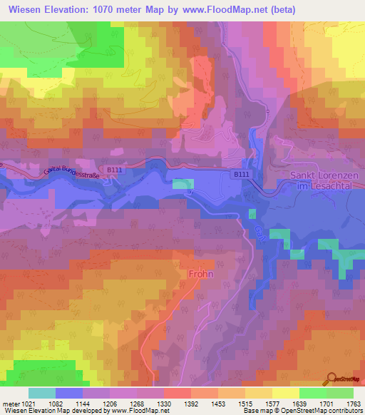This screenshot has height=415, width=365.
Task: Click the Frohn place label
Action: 202,272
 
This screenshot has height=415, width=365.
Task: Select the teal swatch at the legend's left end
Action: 41,393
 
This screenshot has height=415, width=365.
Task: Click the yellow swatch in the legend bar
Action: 285,393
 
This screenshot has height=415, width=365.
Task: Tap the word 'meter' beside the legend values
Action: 10,404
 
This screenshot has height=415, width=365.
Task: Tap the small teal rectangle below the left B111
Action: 182,184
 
